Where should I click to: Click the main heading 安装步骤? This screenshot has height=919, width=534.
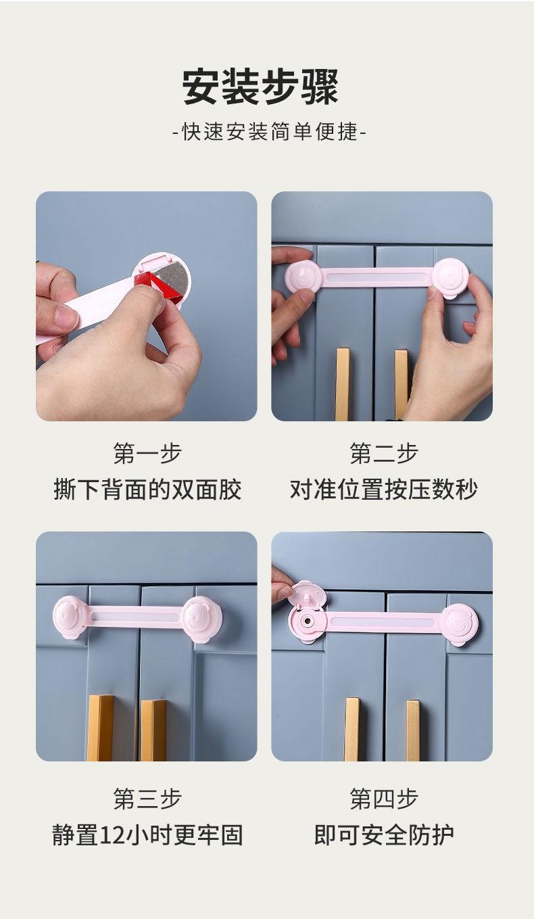(x=260, y=87)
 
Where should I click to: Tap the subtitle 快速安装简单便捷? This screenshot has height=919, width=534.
(x=268, y=131)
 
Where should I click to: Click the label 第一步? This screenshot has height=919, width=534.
(x=147, y=453)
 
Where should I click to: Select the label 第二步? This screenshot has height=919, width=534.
(x=383, y=453)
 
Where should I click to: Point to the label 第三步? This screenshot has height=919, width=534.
(x=147, y=799)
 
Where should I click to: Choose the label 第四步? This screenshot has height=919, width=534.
(x=383, y=799)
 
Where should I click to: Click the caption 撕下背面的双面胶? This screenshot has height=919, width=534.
(x=147, y=489)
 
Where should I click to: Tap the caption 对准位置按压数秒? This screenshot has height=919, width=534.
(x=383, y=489)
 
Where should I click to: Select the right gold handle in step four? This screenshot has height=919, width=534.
(x=412, y=730)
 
